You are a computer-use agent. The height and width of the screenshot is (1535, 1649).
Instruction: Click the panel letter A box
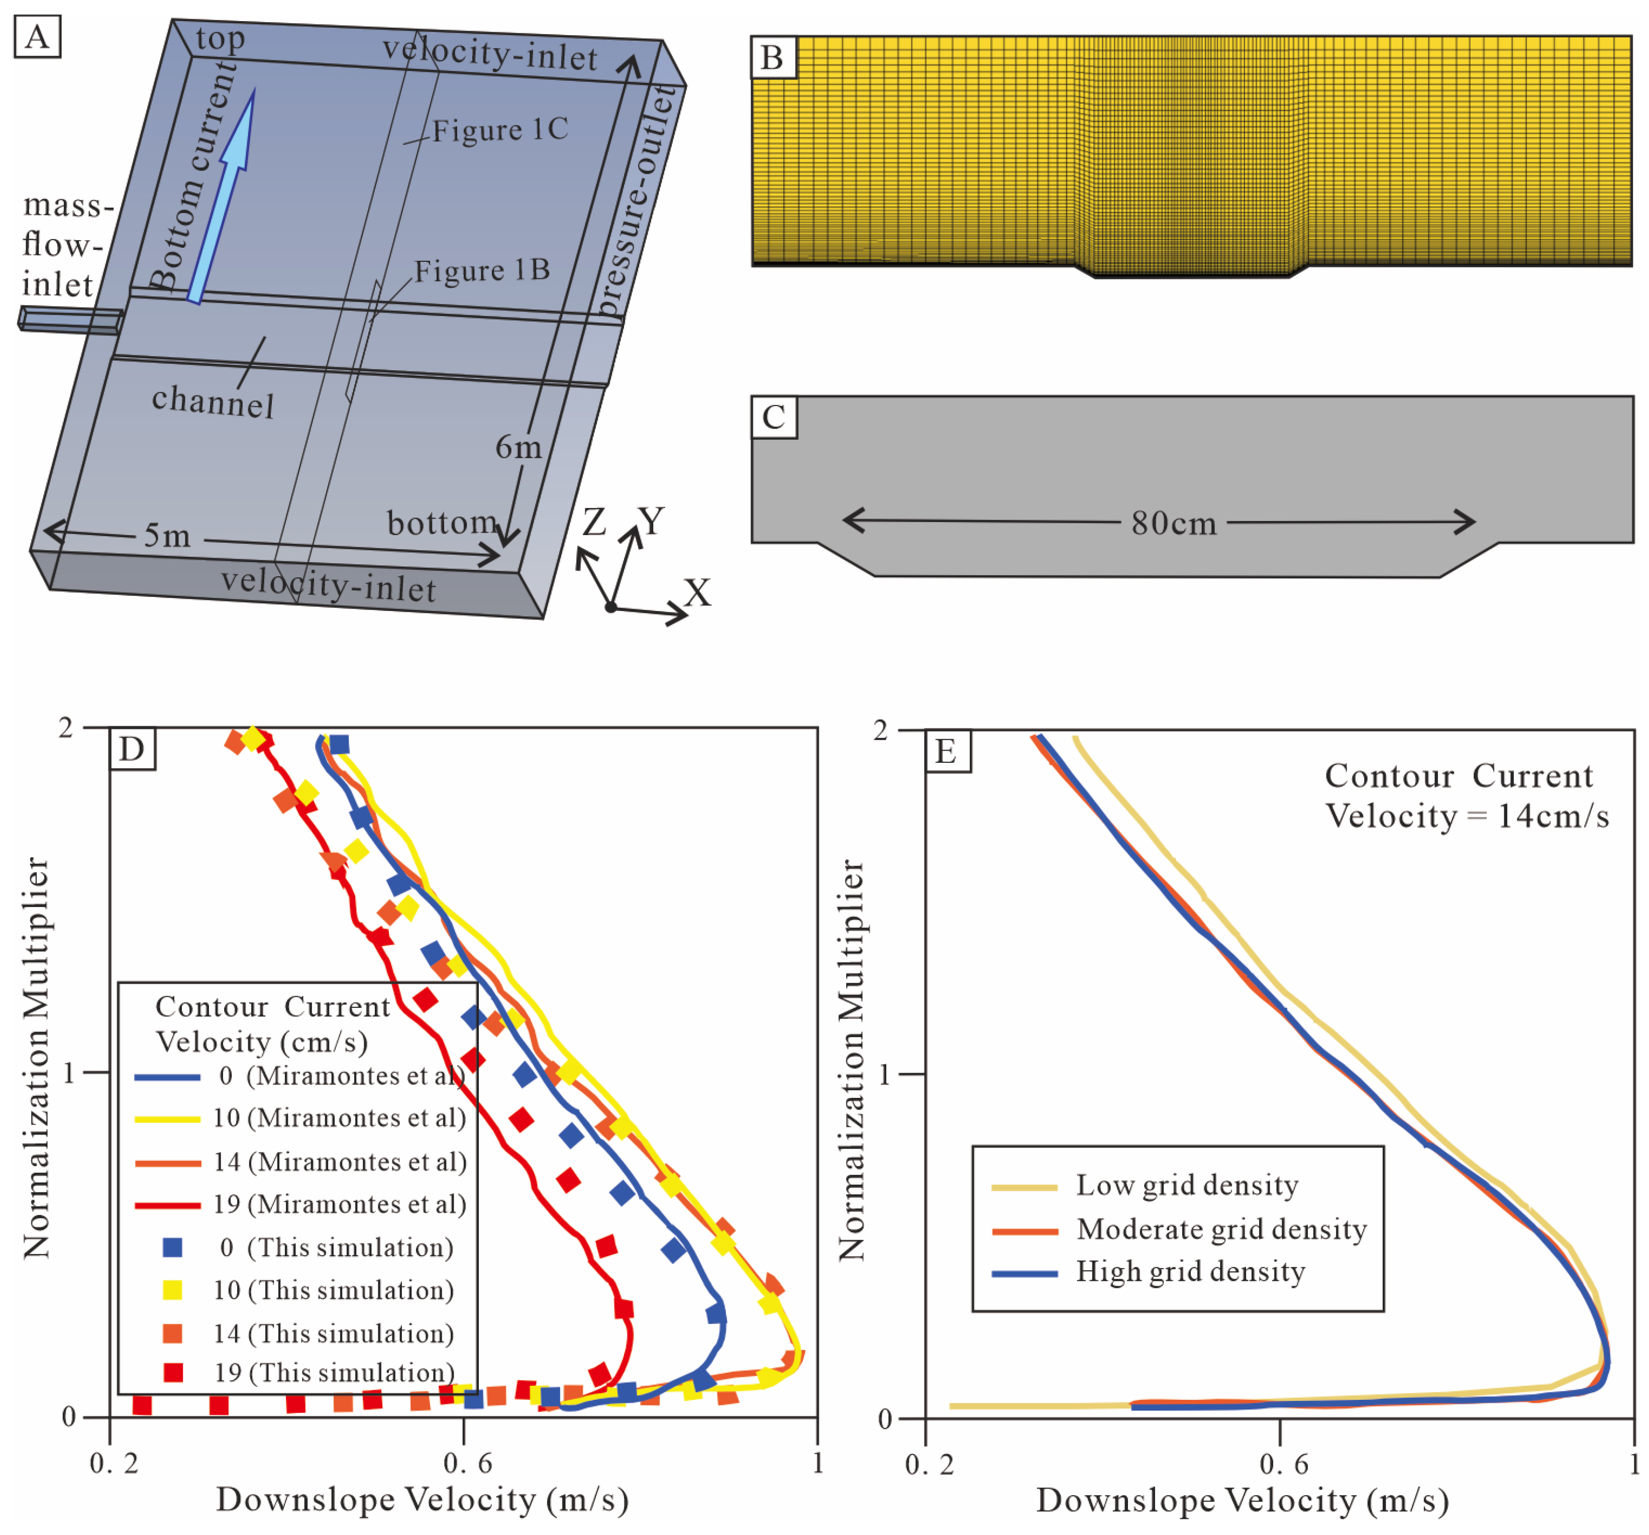tap(37, 38)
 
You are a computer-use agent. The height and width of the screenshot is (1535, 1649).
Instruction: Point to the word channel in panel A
tap(213, 402)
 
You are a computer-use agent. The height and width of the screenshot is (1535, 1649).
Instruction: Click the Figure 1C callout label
tap(500, 130)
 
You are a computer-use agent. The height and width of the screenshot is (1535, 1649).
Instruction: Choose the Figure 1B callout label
tap(482, 270)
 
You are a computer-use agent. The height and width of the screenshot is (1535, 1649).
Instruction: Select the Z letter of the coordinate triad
tap(594, 523)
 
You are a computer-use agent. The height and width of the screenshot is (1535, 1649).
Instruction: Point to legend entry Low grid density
tap(1187, 1185)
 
